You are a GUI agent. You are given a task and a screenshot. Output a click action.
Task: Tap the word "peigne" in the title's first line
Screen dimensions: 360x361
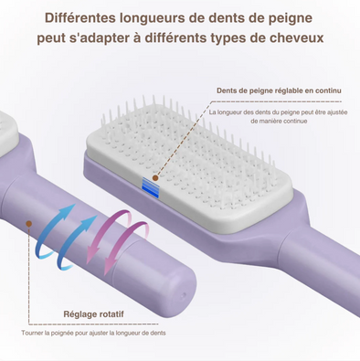pos(292,16)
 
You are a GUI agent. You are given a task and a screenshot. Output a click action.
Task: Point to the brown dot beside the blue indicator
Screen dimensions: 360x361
pos(156,175)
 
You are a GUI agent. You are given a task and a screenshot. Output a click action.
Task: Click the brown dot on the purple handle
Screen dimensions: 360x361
pos(29,222)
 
